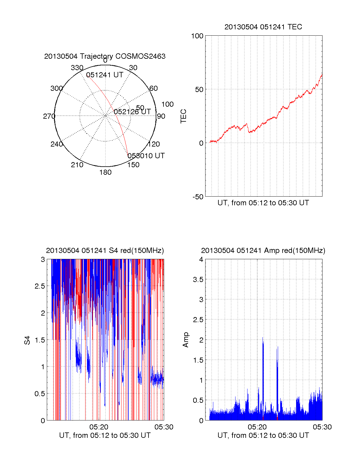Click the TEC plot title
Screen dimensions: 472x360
[263, 27]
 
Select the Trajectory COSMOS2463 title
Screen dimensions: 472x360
[105, 56]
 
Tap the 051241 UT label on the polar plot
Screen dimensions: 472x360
[105, 75]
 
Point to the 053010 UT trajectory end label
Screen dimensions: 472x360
[146, 156]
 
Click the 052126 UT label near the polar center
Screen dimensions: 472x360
[132, 112]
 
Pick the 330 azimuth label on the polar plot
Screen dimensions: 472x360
[77, 68]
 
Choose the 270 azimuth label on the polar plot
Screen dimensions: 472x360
[49, 116]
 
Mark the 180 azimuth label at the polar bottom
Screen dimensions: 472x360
[105, 172]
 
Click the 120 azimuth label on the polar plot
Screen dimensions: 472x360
[154, 144]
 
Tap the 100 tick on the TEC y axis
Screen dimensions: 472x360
[197, 36]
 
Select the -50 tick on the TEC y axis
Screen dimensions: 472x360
[198, 197]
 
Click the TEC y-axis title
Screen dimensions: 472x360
[184, 116]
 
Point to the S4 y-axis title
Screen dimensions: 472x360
[27, 340]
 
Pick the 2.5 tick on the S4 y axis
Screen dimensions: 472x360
[40, 286]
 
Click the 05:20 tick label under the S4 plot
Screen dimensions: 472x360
[99, 427]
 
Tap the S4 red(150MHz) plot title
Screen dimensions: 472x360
[105, 251]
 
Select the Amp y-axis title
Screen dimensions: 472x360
[186, 340]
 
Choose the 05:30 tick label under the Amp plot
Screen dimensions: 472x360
[322, 427]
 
